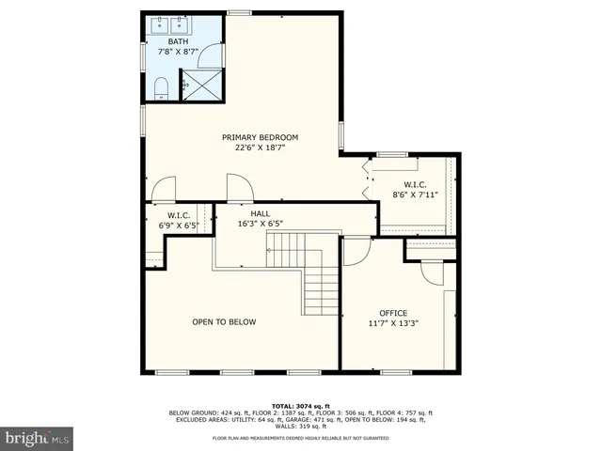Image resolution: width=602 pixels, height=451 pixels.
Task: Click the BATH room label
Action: [x=178, y=42]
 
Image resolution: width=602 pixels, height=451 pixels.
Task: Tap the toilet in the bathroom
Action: [x=160, y=89]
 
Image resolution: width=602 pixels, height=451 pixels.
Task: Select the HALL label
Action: [x=261, y=213]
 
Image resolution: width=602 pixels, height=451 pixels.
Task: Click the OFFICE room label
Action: [x=393, y=313]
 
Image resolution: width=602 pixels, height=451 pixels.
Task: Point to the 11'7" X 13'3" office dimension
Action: [x=393, y=323]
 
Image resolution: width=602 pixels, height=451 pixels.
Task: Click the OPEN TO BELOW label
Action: [x=224, y=322]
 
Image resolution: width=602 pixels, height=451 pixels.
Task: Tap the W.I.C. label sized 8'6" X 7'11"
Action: [x=416, y=185]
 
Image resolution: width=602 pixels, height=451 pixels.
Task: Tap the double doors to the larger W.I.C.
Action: [x=368, y=180]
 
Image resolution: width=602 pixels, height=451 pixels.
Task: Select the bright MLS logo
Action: [x=38, y=438]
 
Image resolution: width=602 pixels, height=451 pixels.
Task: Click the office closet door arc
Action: [x=433, y=272]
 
